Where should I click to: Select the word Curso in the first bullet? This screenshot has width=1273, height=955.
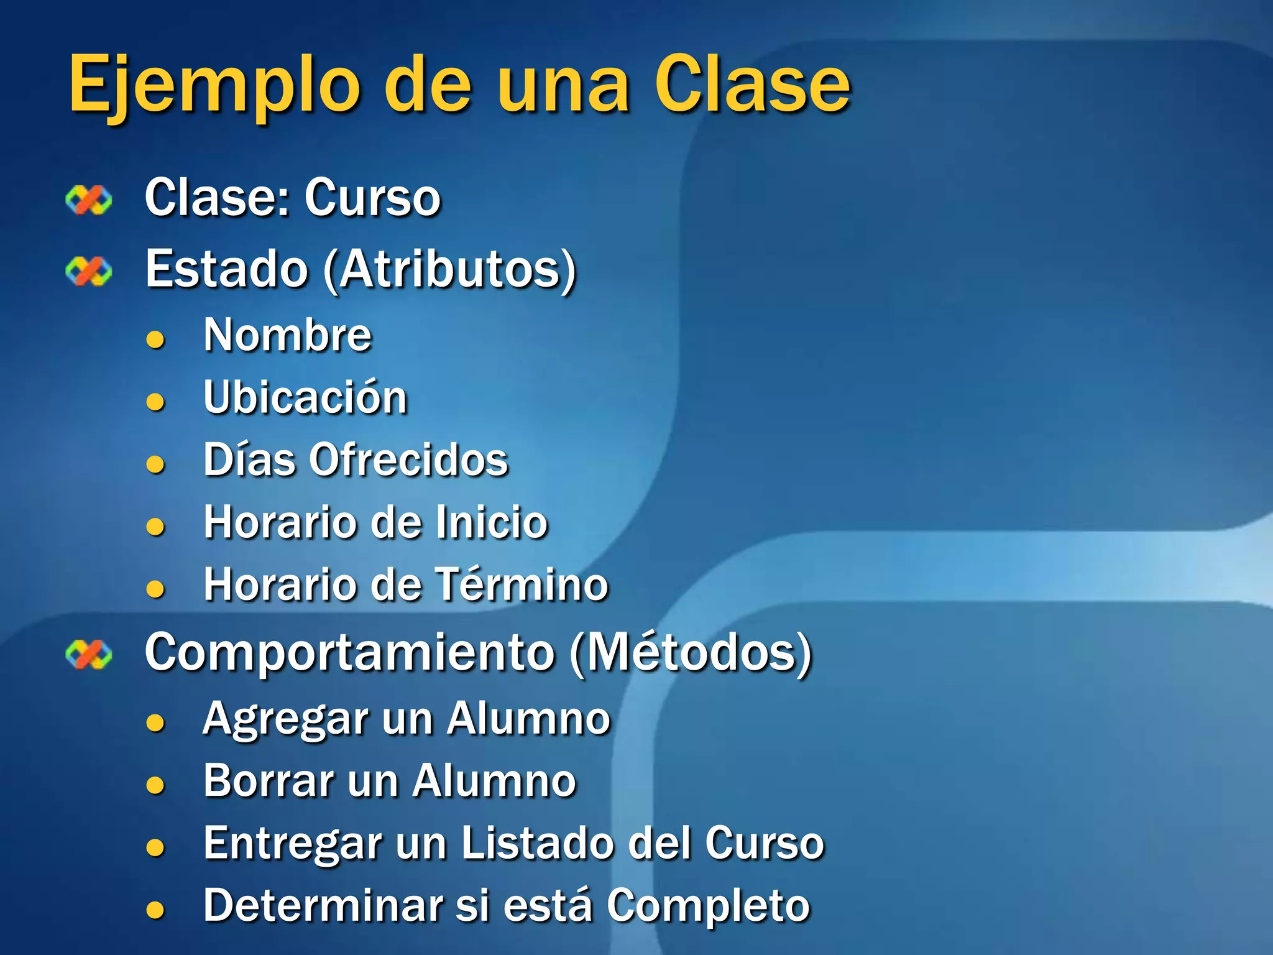372,198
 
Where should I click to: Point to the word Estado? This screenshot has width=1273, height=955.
227,269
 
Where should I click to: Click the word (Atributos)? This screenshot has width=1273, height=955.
450,270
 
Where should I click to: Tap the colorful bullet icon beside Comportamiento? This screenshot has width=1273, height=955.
89,654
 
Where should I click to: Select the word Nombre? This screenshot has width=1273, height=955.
288,335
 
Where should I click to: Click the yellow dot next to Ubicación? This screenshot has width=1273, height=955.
155,402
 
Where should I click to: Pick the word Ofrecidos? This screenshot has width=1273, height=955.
409,460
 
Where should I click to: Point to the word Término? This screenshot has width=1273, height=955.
521,584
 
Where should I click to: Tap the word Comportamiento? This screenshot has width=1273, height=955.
349,653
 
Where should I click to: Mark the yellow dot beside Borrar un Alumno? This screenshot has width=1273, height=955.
155,785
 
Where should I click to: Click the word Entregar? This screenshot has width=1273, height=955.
292,844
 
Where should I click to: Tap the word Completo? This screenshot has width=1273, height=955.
708,907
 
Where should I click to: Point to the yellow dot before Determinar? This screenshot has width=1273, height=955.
155,910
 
